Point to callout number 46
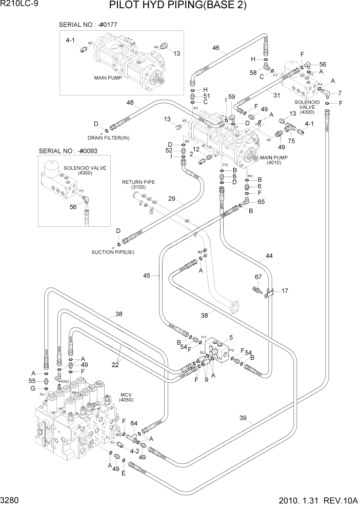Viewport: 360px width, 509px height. pyautogui.click(x=215, y=49)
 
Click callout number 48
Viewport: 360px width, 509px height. pyautogui.click(x=130, y=103)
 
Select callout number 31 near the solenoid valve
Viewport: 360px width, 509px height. pyautogui.click(x=276, y=94)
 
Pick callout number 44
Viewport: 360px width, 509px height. pyautogui.click(x=269, y=256)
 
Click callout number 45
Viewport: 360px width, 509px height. pyautogui.click(x=147, y=276)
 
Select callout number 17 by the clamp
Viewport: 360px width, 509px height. pyautogui.click(x=285, y=291)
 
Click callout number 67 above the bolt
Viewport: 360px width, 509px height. pyautogui.click(x=258, y=277)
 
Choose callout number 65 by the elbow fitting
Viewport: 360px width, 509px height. pyautogui.click(x=262, y=202)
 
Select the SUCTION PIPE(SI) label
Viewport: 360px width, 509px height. pyautogui.click(x=113, y=252)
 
